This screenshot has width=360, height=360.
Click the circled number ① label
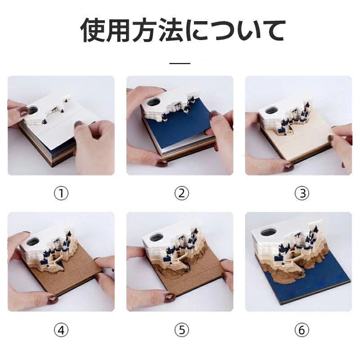tap(61, 193)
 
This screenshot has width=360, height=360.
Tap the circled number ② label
tap(182, 193)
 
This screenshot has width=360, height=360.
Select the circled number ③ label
tap(301, 193)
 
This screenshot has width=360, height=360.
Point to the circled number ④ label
tap(61, 330)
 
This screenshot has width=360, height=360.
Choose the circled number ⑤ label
tap(182, 330)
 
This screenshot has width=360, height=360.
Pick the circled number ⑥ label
tap(301, 330)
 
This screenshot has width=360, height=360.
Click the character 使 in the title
tap(93, 31)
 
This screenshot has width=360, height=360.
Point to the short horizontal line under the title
tap(180, 63)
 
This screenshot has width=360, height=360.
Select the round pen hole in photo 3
tap(272, 110)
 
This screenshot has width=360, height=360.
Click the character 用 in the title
tap(119, 31)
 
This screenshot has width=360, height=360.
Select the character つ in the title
tap(221, 31)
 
